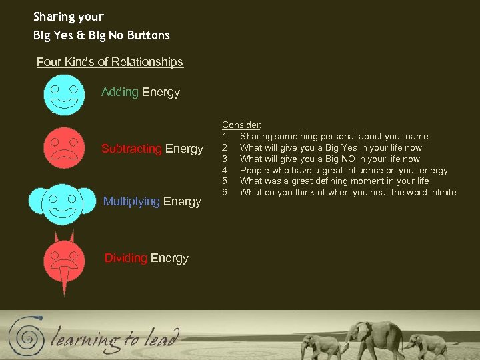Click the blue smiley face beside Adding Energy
click(x=64, y=95)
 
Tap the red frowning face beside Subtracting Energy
click(x=64, y=147)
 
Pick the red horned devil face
click(x=64, y=257)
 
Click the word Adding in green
click(x=120, y=92)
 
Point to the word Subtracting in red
click(x=131, y=149)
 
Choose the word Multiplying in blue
click(x=131, y=201)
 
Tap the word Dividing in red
click(x=126, y=258)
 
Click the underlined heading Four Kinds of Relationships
click(x=110, y=62)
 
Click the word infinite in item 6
click(x=441, y=193)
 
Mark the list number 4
click(x=226, y=170)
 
